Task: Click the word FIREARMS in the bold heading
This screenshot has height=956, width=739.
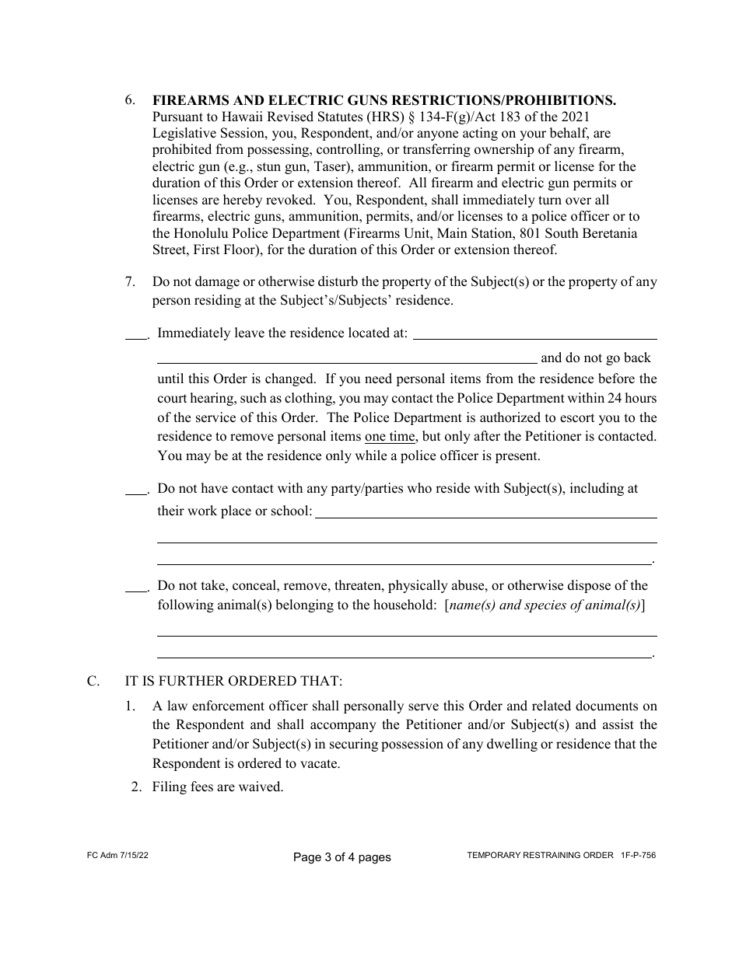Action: point(186,100)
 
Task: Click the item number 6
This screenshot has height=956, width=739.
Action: point(130,100)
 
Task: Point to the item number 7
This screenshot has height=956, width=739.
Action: point(130,282)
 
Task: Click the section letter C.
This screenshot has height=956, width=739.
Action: point(93,682)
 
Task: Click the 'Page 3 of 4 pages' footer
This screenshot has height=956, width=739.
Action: point(341,857)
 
